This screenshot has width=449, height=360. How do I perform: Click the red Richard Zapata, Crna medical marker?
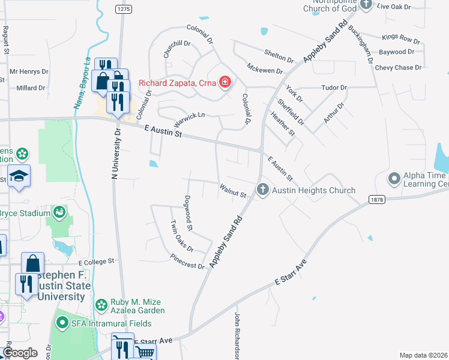[225, 82]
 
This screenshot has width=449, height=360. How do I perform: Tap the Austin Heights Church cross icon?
[262, 190]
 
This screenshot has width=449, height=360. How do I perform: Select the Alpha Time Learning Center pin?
[394, 178]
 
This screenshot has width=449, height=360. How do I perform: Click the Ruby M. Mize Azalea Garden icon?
[100, 304]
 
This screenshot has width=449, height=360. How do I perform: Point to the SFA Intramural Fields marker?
[62, 323]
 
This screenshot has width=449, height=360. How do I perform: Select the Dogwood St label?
[188, 213]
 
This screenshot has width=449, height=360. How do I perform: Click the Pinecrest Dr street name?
[187, 262]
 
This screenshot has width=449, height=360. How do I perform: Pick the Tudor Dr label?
[334, 88]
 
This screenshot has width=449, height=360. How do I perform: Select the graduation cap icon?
[19, 176]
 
